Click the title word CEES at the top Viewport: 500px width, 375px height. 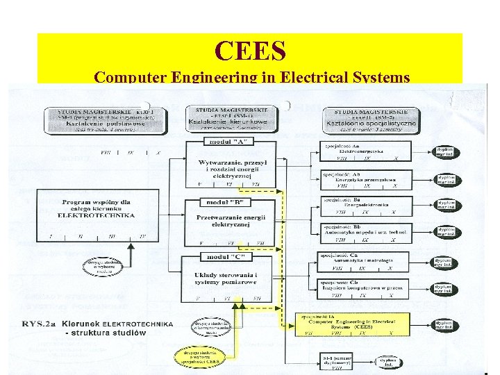[249, 50]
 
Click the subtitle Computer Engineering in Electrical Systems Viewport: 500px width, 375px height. [251, 76]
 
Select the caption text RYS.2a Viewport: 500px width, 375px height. [40, 324]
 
